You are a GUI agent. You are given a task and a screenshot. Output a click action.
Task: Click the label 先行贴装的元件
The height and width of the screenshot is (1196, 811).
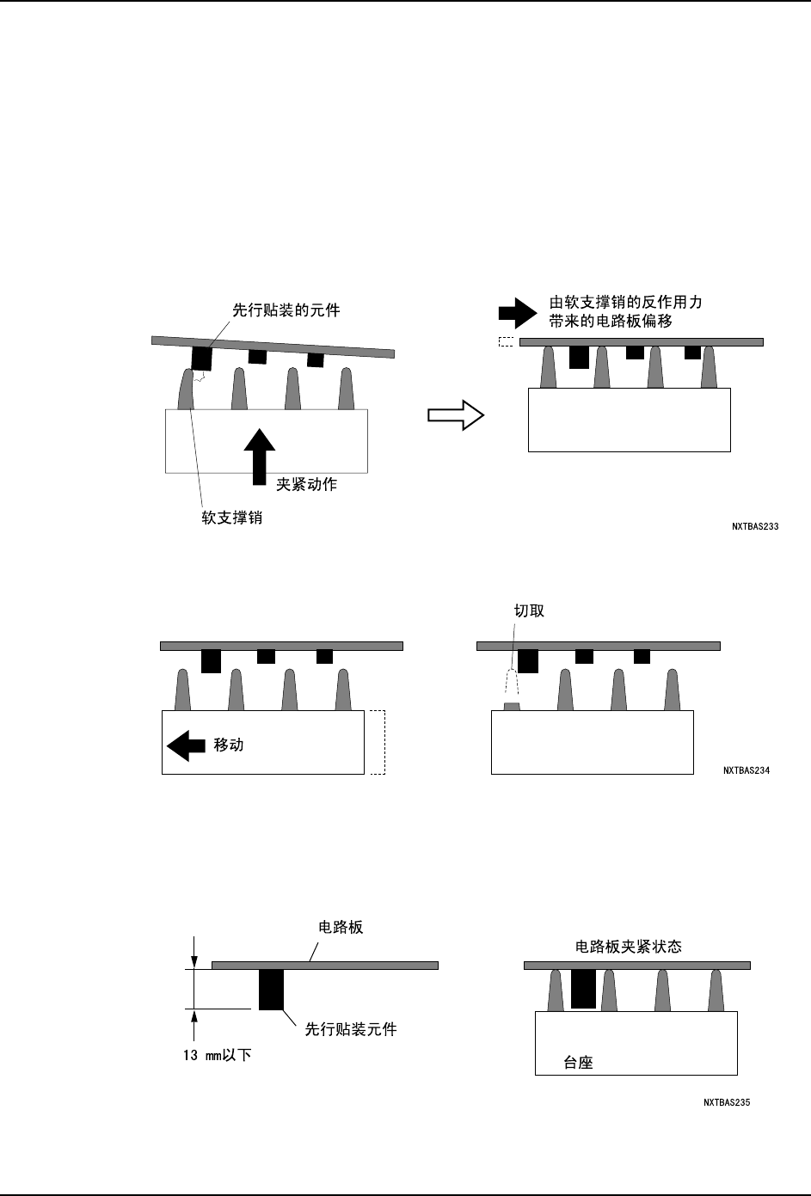286,310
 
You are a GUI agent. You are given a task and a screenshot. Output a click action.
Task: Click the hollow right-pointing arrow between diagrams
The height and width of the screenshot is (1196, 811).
457,415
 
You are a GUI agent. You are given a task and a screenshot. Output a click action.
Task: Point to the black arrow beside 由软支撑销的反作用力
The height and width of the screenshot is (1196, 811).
517,312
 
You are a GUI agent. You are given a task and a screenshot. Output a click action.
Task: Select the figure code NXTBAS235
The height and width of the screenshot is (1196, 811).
727,1101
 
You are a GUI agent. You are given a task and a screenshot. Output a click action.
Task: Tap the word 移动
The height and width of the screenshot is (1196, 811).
229,745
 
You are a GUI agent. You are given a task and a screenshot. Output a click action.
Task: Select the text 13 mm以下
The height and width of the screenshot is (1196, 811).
217,1054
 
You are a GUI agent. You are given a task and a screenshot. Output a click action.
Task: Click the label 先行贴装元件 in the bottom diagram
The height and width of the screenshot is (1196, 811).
351,1028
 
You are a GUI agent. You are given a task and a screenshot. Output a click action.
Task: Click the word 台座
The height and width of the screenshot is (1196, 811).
578,1062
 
